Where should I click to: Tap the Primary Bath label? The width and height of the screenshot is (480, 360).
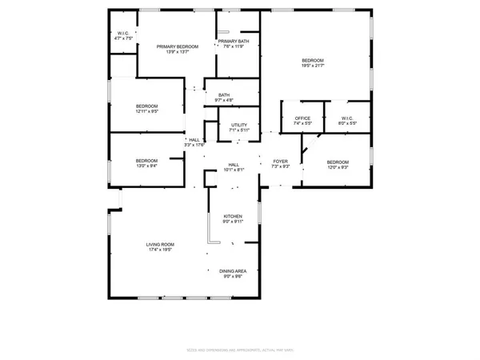point(233,41)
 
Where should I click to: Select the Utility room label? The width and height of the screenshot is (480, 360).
point(239,126)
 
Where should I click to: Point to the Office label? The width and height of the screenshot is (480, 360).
point(302,119)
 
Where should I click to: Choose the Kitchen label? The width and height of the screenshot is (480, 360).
point(233,216)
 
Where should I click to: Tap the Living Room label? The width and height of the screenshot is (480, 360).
point(159,244)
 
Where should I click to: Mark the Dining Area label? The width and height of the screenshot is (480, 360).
point(233,271)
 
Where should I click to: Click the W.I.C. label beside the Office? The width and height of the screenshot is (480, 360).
point(346,119)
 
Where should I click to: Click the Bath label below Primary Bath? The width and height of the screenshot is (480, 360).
point(224,96)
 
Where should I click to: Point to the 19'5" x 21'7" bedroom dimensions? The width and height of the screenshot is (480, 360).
point(313,66)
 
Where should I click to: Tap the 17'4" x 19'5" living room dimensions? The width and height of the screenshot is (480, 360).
point(159,250)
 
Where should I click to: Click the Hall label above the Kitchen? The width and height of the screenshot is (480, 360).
point(234,164)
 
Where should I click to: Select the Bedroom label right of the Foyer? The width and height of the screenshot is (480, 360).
point(338,162)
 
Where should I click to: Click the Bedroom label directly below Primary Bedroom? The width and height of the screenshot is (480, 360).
point(146,106)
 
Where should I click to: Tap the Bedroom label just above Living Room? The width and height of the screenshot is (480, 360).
point(146,161)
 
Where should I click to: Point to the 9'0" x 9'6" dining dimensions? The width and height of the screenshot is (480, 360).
point(233,277)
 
